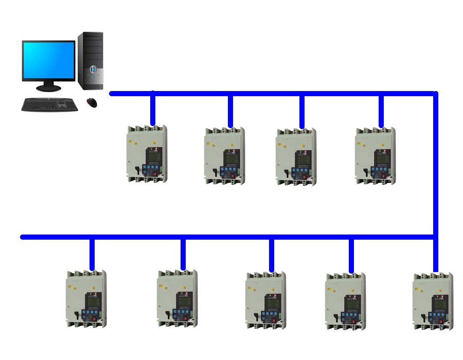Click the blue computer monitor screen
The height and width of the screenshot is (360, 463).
click(x=49, y=60)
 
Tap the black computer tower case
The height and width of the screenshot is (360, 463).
click(x=91, y=61)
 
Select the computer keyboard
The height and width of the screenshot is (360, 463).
click(x=49, y=104)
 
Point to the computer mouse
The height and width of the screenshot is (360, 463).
click(x=92, y=102)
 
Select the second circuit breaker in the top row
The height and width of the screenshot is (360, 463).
click(x=224, y=155)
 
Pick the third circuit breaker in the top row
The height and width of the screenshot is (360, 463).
click(x=296, y=156)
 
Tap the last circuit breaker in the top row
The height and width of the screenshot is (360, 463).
click(x=376, y=155)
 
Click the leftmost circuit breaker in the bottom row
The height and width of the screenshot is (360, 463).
click(x=87, y=299)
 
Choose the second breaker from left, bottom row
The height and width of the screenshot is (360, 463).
click(x=177, y=299)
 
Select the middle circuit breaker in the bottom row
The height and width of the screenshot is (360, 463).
click(x=266, y=300)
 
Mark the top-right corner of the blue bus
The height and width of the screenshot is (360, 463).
click(x=435, y=94)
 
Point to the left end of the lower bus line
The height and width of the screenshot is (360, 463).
click(x=23, y=237)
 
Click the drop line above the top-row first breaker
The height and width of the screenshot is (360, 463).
click(x=152, y=109)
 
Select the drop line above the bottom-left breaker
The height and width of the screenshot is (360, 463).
click(x=92, y=254)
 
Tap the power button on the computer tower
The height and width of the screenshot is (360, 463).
click(x=93, y=69)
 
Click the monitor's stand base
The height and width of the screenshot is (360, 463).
click(x=48, y=88)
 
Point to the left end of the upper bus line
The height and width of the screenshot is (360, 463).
click(x=112, y=94)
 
